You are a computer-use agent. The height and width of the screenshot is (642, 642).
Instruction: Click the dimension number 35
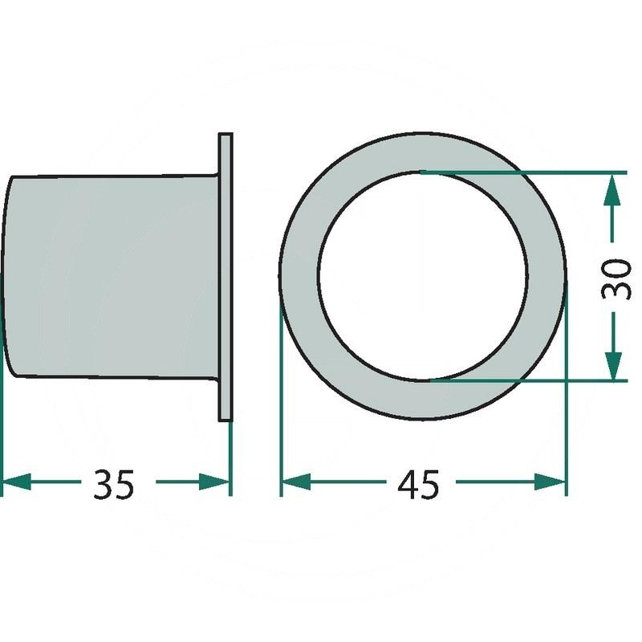pos(113,485)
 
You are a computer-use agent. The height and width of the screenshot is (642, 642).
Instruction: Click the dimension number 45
pos(418,485)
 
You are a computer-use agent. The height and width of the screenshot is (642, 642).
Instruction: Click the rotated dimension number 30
pos(616,279)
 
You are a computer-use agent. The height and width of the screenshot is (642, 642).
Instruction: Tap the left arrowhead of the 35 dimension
pos(16,482)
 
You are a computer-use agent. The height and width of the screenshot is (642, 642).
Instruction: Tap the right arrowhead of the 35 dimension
pos(213,482)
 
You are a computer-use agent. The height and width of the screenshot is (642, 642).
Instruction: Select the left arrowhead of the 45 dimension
pos(296,482)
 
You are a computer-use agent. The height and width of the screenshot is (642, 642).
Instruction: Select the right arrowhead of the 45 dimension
pos(550,482)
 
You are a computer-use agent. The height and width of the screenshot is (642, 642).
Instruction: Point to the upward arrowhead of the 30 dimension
pos(612,189)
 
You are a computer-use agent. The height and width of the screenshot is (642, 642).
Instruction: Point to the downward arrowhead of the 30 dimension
pos(612,366)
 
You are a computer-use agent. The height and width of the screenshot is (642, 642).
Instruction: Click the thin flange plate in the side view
pos(226,277)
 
